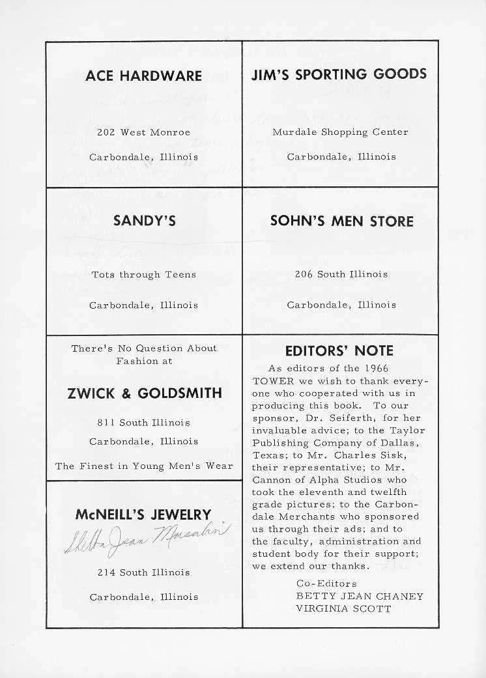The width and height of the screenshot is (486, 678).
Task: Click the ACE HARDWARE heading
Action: [144, 76]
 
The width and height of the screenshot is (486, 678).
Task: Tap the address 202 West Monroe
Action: [144, 132]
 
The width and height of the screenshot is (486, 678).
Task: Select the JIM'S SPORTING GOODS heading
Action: [339, 74]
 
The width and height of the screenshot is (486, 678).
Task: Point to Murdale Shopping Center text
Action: [340, 132]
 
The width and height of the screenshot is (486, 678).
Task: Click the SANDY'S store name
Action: [144, 221]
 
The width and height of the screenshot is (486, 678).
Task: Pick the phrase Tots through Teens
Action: [144, 275]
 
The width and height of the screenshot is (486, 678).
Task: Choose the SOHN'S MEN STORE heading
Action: [341, 221]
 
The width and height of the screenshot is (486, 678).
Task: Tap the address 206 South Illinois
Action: [341, 275]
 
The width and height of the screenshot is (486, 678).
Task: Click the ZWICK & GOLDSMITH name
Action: [144, 393]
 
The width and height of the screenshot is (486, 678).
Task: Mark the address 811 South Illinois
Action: [144, 423]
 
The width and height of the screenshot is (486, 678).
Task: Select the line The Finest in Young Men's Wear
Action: [144, 466]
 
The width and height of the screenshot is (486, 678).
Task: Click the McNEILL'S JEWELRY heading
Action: [143, 515]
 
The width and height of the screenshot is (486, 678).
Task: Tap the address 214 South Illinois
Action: [144, 572]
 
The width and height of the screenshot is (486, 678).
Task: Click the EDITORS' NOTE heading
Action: [339, 351]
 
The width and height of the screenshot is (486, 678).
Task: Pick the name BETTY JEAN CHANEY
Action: [360, 596]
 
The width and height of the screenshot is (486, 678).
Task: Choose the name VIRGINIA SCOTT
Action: [343, 609]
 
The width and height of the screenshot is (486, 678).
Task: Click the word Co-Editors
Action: [326, 584]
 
